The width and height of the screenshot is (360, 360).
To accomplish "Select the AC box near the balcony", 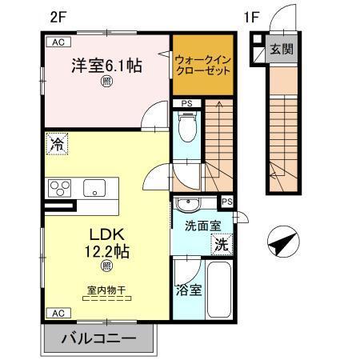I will click(x=57, y=313).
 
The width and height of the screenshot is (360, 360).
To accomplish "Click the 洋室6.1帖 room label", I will click(x=108, y=66).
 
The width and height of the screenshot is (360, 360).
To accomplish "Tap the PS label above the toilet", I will click(x=186, y=104).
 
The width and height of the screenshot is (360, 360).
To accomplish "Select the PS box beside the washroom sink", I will click(x=227, y=201).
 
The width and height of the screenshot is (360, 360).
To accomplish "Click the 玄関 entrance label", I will click(x=281, y=50).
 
